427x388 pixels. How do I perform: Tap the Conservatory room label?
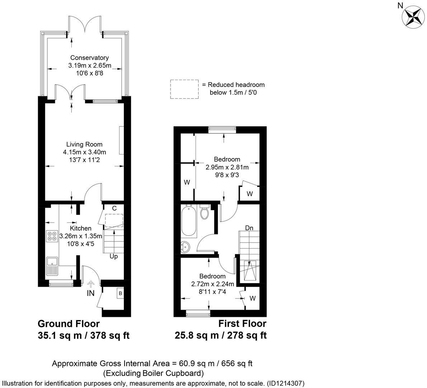pos(89,57)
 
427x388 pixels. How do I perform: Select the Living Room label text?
pos(84,144)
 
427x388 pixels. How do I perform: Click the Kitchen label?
pos(80,228)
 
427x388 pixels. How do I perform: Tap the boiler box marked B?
pos(120,294)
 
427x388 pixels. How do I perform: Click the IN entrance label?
pos(90,294)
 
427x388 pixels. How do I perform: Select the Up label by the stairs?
pos(114,257)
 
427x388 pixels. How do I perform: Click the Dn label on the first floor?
pos(249,228)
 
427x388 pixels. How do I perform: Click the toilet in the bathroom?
pos(205,212)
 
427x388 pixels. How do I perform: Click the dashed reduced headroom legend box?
pos(184,89)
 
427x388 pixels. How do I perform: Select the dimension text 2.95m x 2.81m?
pos(227,167)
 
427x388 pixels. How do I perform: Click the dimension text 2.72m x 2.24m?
pos(212,284)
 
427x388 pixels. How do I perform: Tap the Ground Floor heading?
pos(69,324)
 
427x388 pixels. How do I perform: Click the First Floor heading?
pos(242,324)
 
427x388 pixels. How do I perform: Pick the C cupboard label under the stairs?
pos(114,208)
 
